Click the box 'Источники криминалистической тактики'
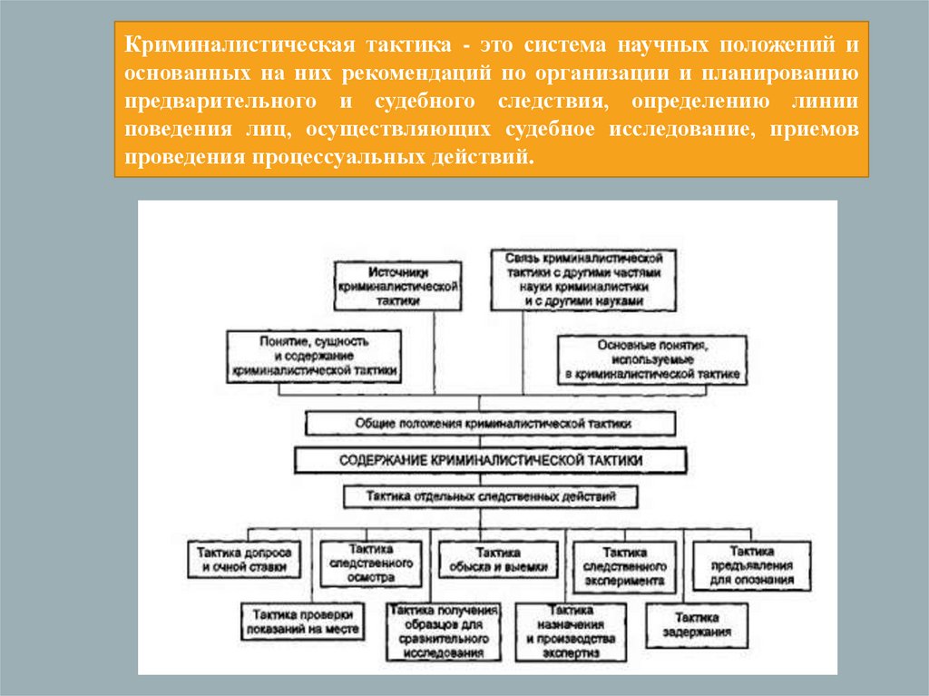tap(397, 286)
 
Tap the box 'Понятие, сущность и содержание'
tap(315, 357)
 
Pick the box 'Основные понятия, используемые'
tap(653, 359)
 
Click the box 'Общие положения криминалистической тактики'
tap(490, 423)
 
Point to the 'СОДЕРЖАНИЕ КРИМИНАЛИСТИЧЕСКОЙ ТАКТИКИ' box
tap(490, 460)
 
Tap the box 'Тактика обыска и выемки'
tap(497, 559)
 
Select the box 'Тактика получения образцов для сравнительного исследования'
tap(443, 631)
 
